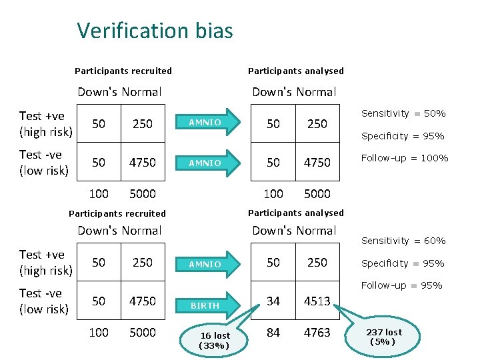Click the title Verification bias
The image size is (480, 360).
point(155,31)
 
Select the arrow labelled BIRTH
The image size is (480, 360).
point(208,305)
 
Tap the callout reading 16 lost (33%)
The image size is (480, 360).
point(215,340)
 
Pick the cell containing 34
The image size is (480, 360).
point(273,301)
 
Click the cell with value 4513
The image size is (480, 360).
point(317,301)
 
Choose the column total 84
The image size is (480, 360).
point(273,332)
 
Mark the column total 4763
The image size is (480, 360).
point(317,332)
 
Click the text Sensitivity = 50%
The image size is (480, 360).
point(403,114)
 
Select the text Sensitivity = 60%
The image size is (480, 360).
point(403,241)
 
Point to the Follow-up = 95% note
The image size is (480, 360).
point(401,286)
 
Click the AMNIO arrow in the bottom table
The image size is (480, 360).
point(208,264)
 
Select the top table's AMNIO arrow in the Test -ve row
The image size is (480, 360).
point(208,163)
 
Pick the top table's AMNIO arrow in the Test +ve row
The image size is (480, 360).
point(208,123)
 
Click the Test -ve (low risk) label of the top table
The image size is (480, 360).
point(44,163)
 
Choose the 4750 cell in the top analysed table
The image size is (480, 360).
point(317,163)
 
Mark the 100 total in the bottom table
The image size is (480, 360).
point(99,332)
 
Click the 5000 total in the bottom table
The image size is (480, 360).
point(143,332)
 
